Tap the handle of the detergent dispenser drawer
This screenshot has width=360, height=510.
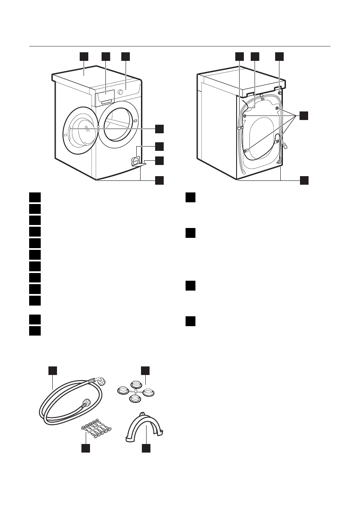coord(107,101)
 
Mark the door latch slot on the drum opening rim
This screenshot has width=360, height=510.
coord(135,121)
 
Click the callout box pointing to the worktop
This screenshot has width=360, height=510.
coord(84,57)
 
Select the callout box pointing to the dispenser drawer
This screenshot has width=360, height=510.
coord(105,57)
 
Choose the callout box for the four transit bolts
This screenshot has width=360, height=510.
coord(303,115)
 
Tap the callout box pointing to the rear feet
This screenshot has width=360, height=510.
coord(303,180)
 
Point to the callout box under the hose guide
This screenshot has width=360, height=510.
coord(146,448)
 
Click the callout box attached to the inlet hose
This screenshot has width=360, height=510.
coord(52,370)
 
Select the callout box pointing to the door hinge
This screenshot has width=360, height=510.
coord(159,129)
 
